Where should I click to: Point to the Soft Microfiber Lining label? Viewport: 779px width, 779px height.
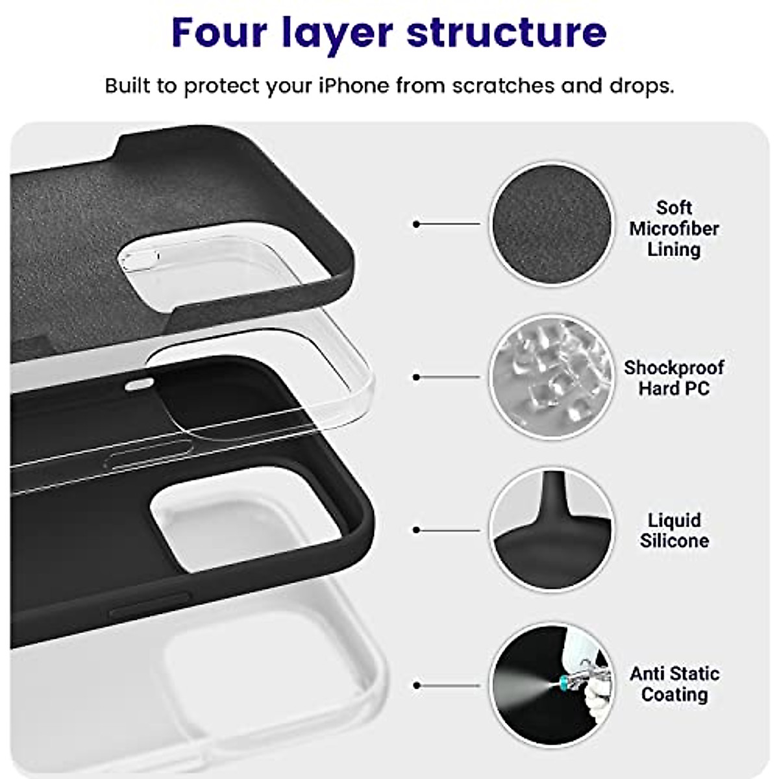click(x=674, y=229)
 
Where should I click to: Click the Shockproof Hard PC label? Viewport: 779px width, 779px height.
click(x=674, y=378)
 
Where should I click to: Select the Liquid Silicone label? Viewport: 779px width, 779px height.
click(x=674, y=530)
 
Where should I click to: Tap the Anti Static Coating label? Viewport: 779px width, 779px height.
click(x=674, y=684)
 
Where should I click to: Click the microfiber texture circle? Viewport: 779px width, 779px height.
click(x=551, y=224)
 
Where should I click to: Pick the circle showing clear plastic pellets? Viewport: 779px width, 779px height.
click(x=551, y=377)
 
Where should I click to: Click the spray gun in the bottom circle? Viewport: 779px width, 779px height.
click(x=571, y=675)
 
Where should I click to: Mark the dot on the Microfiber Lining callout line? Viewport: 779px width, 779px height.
click(x=416, y=224)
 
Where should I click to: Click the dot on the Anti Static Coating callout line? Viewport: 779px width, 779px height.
click(x=416, y=685)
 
